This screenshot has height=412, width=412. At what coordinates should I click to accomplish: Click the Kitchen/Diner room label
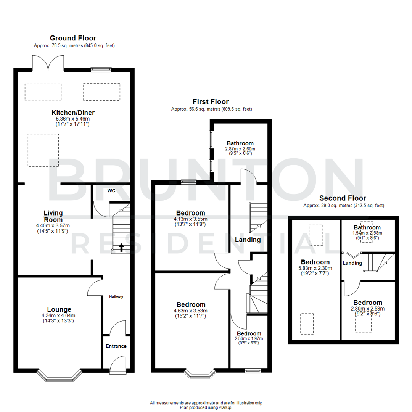tap(73, 113)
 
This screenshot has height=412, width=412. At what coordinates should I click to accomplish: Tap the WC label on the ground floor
tap(111, 190)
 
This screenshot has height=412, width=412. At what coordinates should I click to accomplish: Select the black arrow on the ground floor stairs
tap(121, 248)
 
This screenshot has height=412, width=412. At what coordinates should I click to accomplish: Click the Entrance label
tap(116, 346)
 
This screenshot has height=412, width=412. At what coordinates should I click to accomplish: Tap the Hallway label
tap(116, 296)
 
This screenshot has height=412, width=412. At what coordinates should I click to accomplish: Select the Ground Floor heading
tap(73, 38)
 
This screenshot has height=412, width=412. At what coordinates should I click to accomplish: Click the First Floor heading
tap(211, 102)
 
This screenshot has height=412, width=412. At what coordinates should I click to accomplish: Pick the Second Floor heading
tap(342, 198)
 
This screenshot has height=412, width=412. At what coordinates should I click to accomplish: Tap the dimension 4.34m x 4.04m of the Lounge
tap(59, 315)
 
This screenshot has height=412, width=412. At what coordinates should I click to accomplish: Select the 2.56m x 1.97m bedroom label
tap(248, 338)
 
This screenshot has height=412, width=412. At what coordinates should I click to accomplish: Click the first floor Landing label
tap(248, 240)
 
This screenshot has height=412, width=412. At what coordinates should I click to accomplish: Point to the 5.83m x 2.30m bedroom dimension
tap(315, 268)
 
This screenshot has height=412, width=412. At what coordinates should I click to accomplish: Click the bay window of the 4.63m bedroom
tap(200, 373)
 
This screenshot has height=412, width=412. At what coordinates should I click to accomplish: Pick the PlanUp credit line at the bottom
tap(206, 407)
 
